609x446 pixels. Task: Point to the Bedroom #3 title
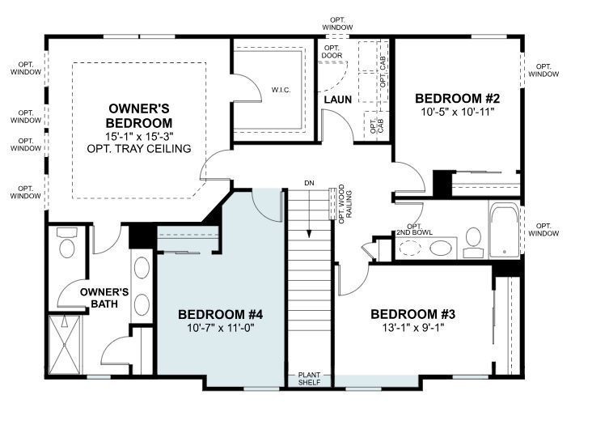click(408, 314)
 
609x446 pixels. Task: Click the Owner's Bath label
click(105, 298)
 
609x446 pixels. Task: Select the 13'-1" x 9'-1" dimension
click(408, 328)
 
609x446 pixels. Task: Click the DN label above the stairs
click(309, 183)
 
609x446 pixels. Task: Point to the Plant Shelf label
click(310, 378)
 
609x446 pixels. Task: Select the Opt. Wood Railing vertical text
click(342, 206)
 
